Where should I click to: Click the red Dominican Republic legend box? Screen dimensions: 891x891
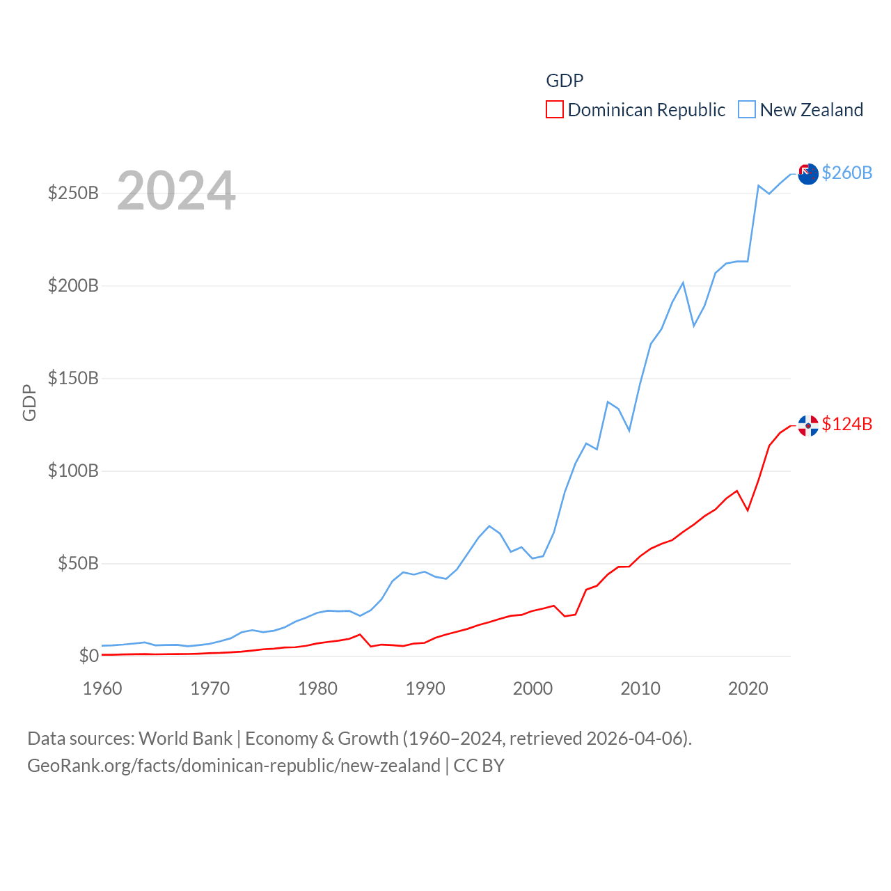pos(555,110)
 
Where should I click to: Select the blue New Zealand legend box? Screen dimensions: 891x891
pos(747,110)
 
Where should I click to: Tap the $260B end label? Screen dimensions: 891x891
pos(846,173)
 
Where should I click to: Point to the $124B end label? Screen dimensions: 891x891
pos(846,424)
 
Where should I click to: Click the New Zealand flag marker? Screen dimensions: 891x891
pos(808,174)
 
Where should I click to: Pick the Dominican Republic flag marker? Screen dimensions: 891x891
pos(808,425)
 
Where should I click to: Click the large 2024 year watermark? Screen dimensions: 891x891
pos(176,191)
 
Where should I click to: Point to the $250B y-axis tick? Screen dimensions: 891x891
pos(73,193)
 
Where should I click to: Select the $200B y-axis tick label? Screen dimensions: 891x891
pos(73,285)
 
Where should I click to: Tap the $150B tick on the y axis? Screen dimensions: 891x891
pos(73,378)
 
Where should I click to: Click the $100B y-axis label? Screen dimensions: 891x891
pos(73,471)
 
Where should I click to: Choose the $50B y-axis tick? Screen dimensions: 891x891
pos(78,563)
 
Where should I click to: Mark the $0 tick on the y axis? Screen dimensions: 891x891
pos(88,656)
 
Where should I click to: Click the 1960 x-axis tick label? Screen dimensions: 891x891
pos(102,688)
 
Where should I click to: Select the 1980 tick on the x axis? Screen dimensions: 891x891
pos(317,688)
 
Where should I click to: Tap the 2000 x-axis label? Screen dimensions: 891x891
pos(533,688)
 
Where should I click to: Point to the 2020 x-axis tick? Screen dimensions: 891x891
pos(748,688)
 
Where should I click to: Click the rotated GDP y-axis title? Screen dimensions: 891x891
pos(29,402)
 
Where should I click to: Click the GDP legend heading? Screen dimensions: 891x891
pos(565,81)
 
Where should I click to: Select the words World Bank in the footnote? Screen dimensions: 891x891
pos(185,739)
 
